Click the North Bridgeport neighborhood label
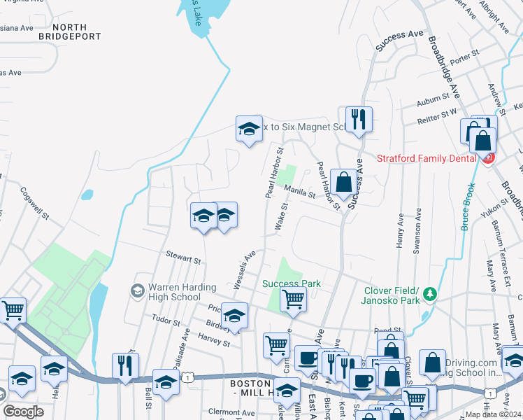(70, 31)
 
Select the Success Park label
(292, 283)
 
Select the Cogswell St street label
(34, 203)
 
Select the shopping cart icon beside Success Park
(293, 299)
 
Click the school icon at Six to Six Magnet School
(248, 129)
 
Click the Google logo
(23, 412)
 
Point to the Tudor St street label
(166, 319)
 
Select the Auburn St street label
(432, 101)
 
